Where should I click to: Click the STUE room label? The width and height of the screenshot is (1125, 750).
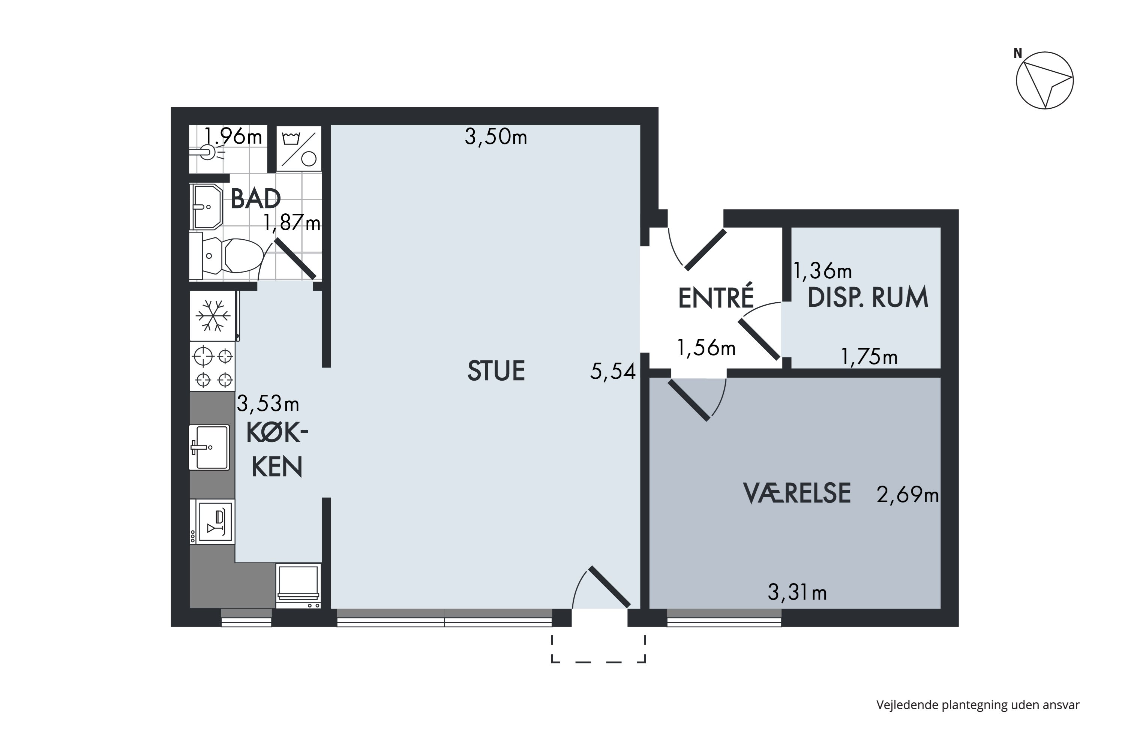pyautogui.click(x=496, y=371)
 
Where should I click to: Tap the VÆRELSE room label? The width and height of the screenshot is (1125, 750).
pyautogui.click(x=797, y=493)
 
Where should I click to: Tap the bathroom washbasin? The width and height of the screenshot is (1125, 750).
pyautogui.click(x=206, y=207)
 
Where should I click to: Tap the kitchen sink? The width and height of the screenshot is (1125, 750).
pyautogui.click(x=209, y=447)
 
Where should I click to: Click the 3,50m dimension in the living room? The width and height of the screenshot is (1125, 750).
pyautogui.click(x=496, y=137)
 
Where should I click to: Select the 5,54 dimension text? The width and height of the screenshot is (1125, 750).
pyautogui.click(x=613, y=372)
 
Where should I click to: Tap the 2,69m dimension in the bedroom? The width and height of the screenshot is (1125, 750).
pyautogui.click(x=907, y=495)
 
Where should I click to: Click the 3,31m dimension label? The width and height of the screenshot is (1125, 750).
pyautogui.click(x=797, y=592)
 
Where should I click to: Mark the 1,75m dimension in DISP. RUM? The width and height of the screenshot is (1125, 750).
pyautogui.click(x=869, y=357)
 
